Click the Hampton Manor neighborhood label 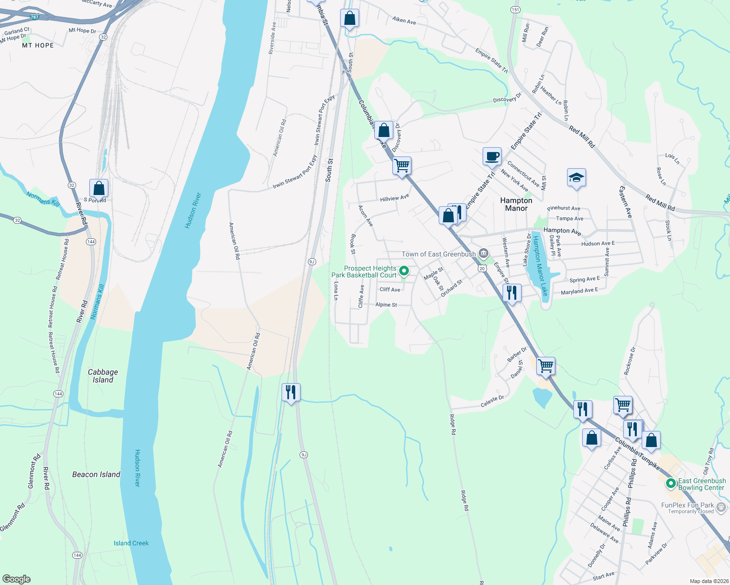coord(516,204)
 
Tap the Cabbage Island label coord(103,376)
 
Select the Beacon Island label coord(96,474)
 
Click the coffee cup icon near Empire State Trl coord(492,156)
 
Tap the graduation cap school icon coord(576,178)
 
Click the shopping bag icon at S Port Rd coord(99,188)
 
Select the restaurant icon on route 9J coord(291,391)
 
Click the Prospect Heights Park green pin coord(404,271)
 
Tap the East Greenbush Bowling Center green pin coord(671,484)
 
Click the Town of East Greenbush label coord(438,254)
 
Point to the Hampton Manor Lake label coord(540,266)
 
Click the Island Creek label coord(131,543)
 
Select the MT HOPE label coord(38,45)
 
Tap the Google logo coord(16,579)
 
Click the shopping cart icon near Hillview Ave coord(402,166)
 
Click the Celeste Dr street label coord(492,401)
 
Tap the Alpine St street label coord(386,305)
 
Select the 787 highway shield coord(34,17)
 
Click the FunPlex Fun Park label coord(687,506)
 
